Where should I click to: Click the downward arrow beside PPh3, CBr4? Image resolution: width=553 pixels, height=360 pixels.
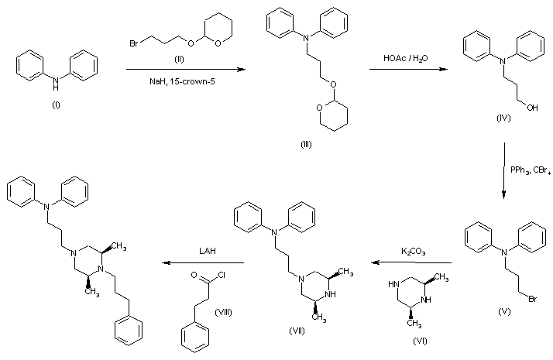(x=504, y=170)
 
